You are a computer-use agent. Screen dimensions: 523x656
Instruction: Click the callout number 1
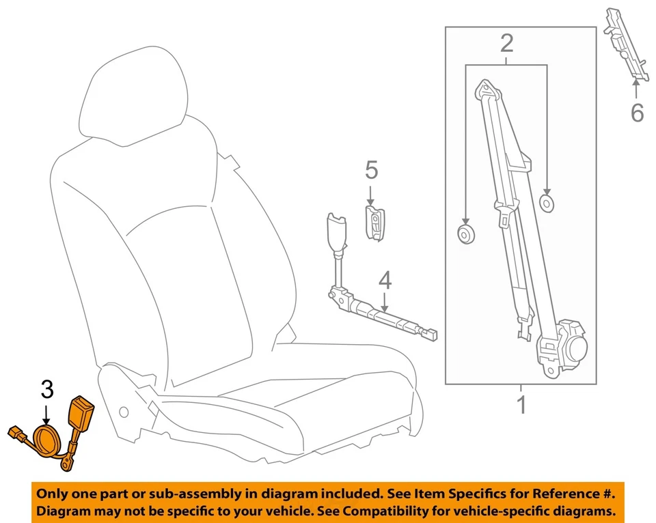522,405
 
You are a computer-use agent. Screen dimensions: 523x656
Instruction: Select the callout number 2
506,43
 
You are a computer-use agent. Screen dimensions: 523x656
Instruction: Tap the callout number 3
46,390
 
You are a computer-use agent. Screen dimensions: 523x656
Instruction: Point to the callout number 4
385,279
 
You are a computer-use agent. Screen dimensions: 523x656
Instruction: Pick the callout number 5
371,169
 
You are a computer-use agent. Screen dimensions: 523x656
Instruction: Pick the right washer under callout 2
547,203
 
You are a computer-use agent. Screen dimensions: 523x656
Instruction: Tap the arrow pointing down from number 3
46,414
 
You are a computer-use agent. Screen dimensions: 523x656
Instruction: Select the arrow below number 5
371,194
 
